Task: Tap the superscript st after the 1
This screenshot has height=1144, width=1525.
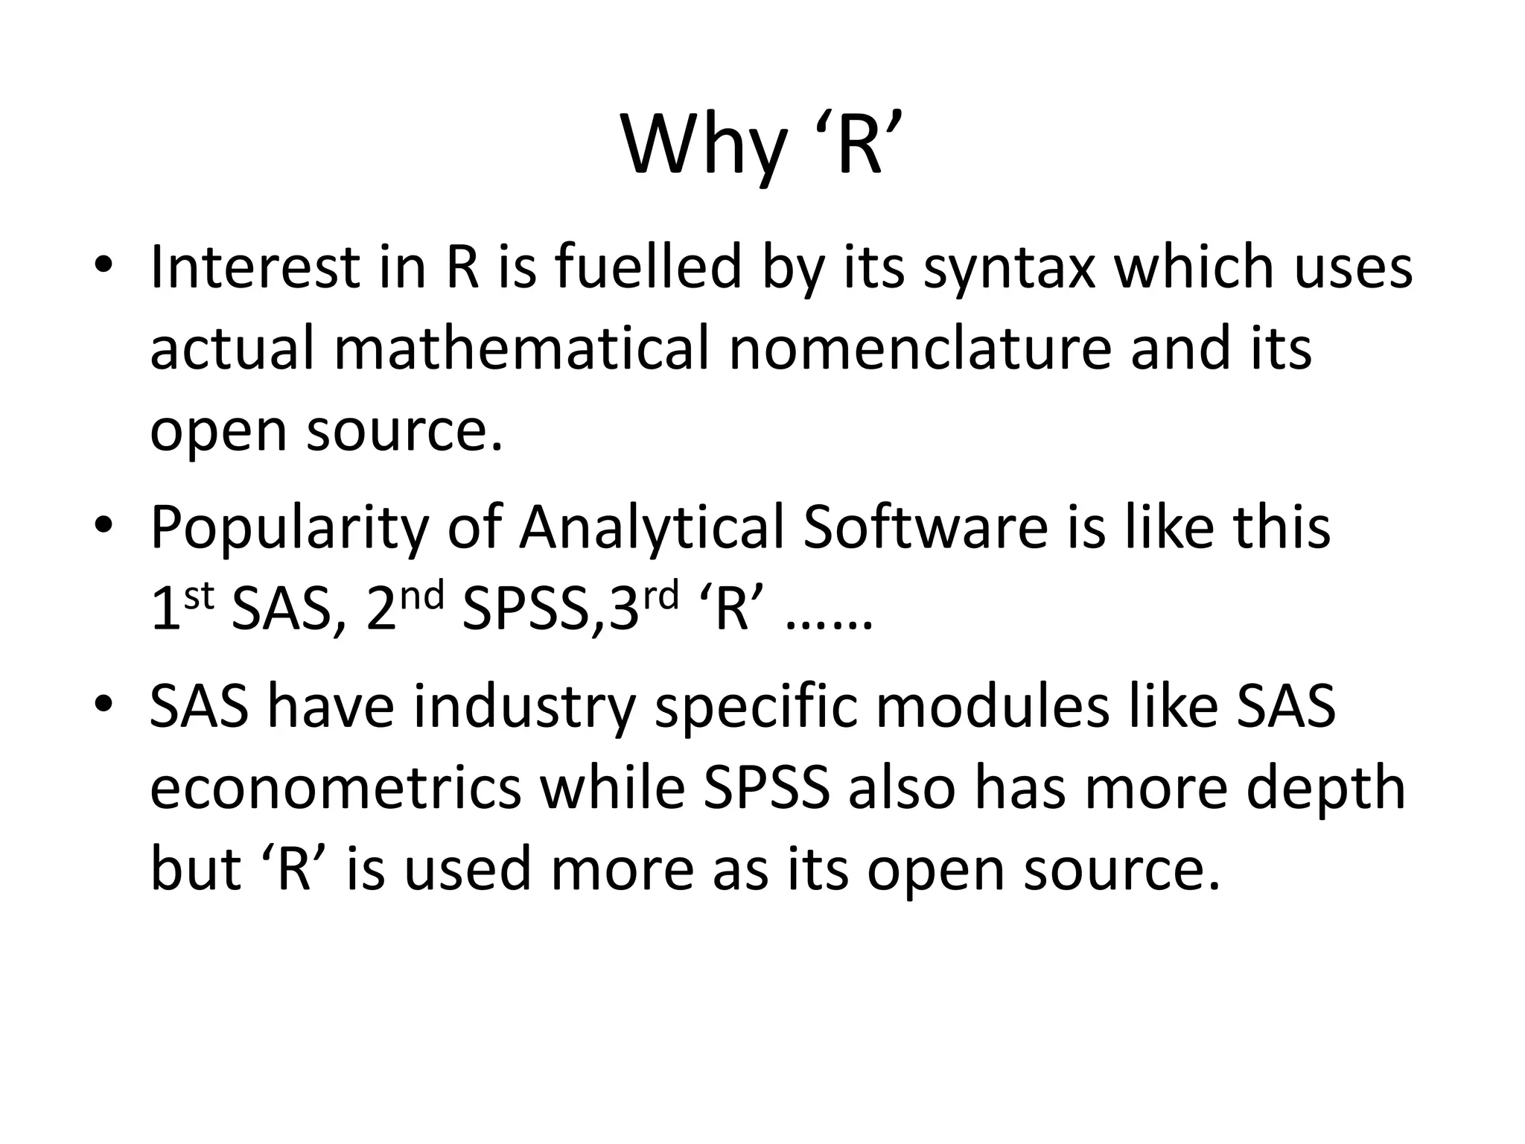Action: pos(199,597)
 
